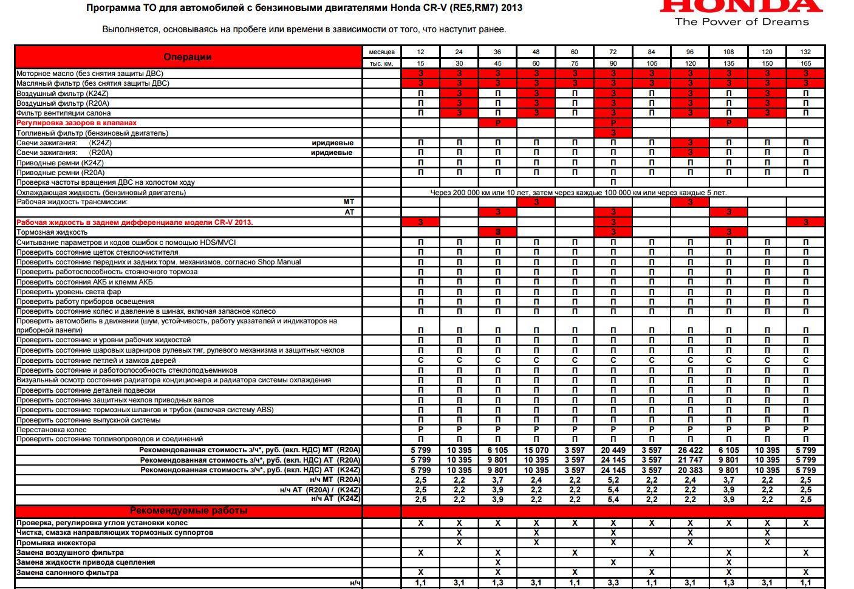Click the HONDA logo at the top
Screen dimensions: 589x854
pyautogui.click(x=740, y=6)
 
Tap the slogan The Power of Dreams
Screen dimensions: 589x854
pyautogui.click(x=742, y=22)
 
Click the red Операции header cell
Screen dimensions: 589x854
pyautogui.click(x=188, y=57)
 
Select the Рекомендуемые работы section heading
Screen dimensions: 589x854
pyautogui.click(x=188, y=511)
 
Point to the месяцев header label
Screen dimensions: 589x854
pyautogui.click(x=381, y=52)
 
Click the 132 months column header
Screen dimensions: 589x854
pyautogui.click(x=805, y=52)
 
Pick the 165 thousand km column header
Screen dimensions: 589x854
pyautogui.click(x=805, y=63)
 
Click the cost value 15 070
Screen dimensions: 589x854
pyautogui.click(x=536, y=450)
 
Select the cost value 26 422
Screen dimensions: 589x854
pyautogui.click(x=690, y=450)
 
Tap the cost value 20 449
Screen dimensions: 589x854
pyautogui.click(x=613, y=450)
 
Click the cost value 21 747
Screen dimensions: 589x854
pyautogui.click(x=690, y=460)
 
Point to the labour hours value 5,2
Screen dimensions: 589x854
pyautogui.click(x=613, y=480)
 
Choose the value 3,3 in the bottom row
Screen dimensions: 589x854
pyautogui.click(x=613, y=583)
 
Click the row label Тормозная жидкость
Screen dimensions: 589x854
pyautogui.click(x=52, y=232)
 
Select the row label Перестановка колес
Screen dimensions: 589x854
pyautogui.click(x=52, y=430)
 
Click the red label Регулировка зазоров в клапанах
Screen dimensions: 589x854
pyautogui.click(x=77, y=123)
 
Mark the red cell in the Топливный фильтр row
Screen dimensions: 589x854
pyautogui.click(x=613, y=133)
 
